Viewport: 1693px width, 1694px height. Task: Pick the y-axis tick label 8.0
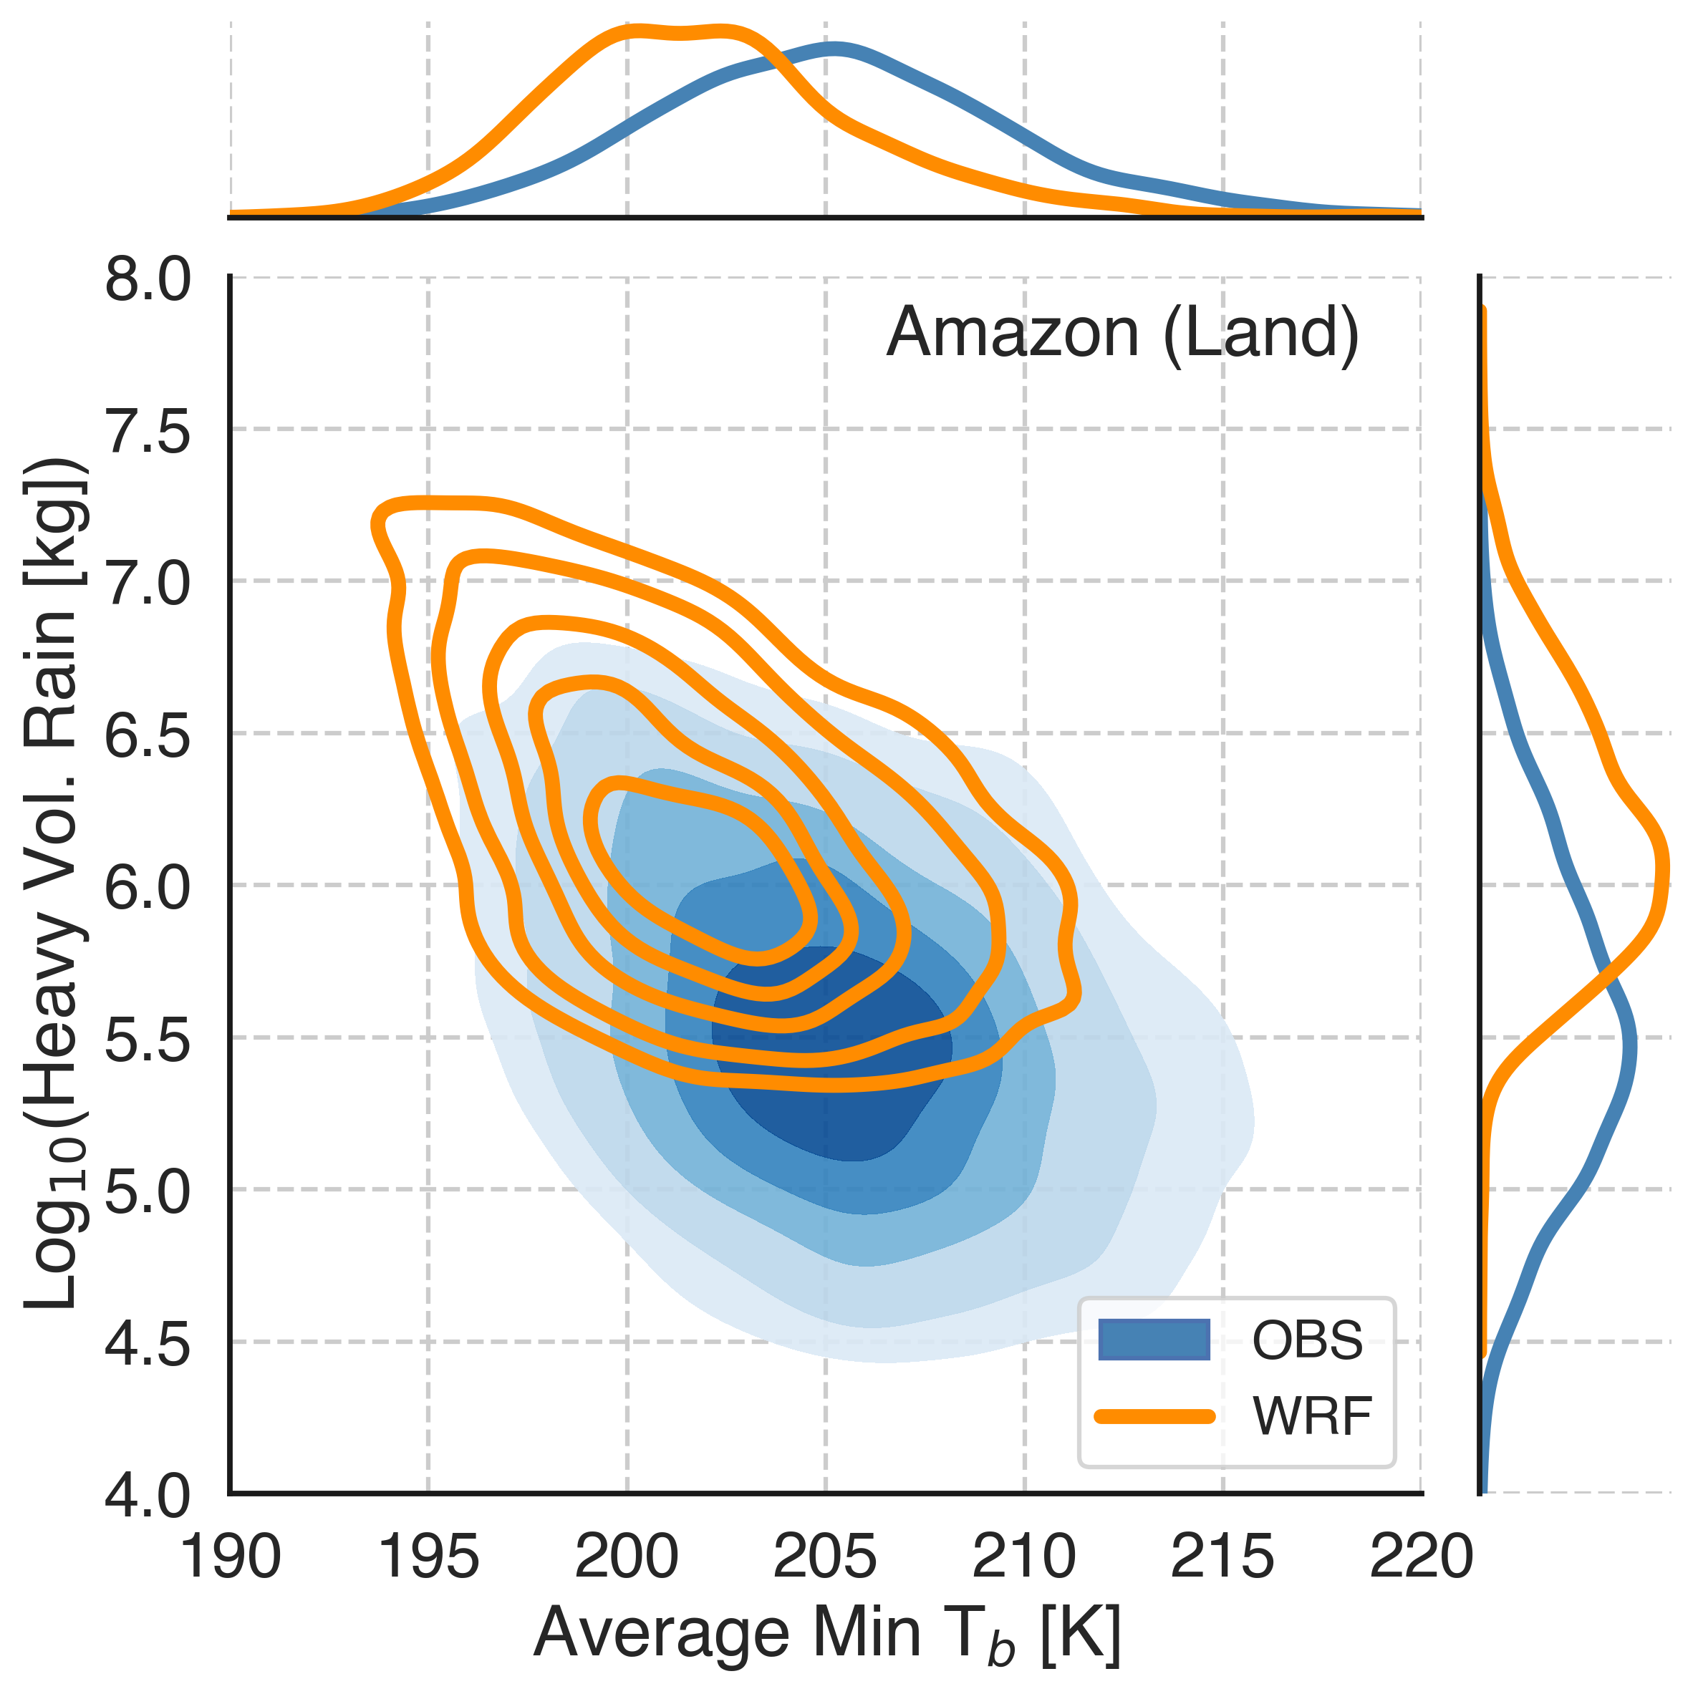tap(148, 281)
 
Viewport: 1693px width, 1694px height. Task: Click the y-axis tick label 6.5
tap(148, 735)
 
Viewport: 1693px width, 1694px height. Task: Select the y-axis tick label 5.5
tap(148, 1039)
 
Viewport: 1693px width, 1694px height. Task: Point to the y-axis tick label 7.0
tap(148, 583)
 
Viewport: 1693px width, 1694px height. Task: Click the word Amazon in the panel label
tap(1013, 333)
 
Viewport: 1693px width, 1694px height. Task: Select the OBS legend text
tap(1307, 1340)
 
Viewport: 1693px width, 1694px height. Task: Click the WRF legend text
tap(1312, 1416)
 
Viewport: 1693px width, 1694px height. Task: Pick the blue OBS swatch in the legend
tap(1154, 1340)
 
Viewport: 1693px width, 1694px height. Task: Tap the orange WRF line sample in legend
tap(1154, 1416)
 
